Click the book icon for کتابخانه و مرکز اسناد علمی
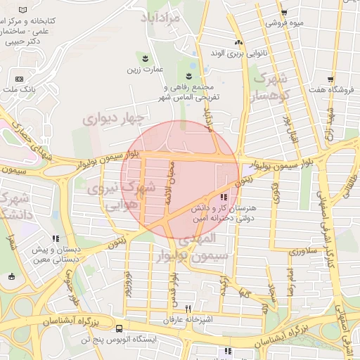pos(24,10)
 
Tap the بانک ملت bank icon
pos(19,79)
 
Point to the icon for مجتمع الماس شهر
pos(189,75)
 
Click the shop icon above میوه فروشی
pos(283,13)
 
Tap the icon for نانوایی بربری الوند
pos(238,42)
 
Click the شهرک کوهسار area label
pos(271,88)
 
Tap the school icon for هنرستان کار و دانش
pos(223,198)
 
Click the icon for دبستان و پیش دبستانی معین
pos(55,239)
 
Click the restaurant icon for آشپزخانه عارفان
pos(188,309)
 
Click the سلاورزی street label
pos(304,251)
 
